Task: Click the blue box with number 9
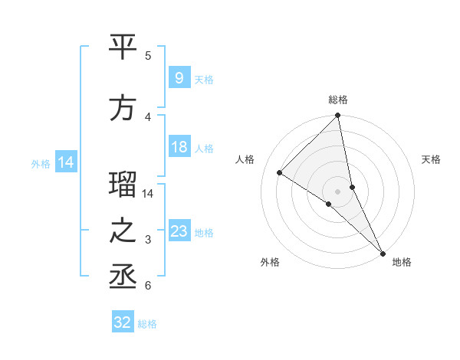click(179, 78)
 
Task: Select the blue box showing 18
click(179, 148)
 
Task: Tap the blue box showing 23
click(179, 231)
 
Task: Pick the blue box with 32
click(123, 322)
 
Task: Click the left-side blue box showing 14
click(65, 162)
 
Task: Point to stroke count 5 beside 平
click(148, 56)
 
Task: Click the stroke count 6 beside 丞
click(148, 286)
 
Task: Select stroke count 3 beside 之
click(148, 240)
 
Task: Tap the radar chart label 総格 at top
click(338, 100)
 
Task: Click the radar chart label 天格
click(431, 159)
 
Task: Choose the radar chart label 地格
click(402, 262)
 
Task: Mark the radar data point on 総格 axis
click(338, 116)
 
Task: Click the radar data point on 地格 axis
click(382, 252)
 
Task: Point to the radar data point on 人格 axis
click(280, 172)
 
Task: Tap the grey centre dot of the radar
click(338, 191)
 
